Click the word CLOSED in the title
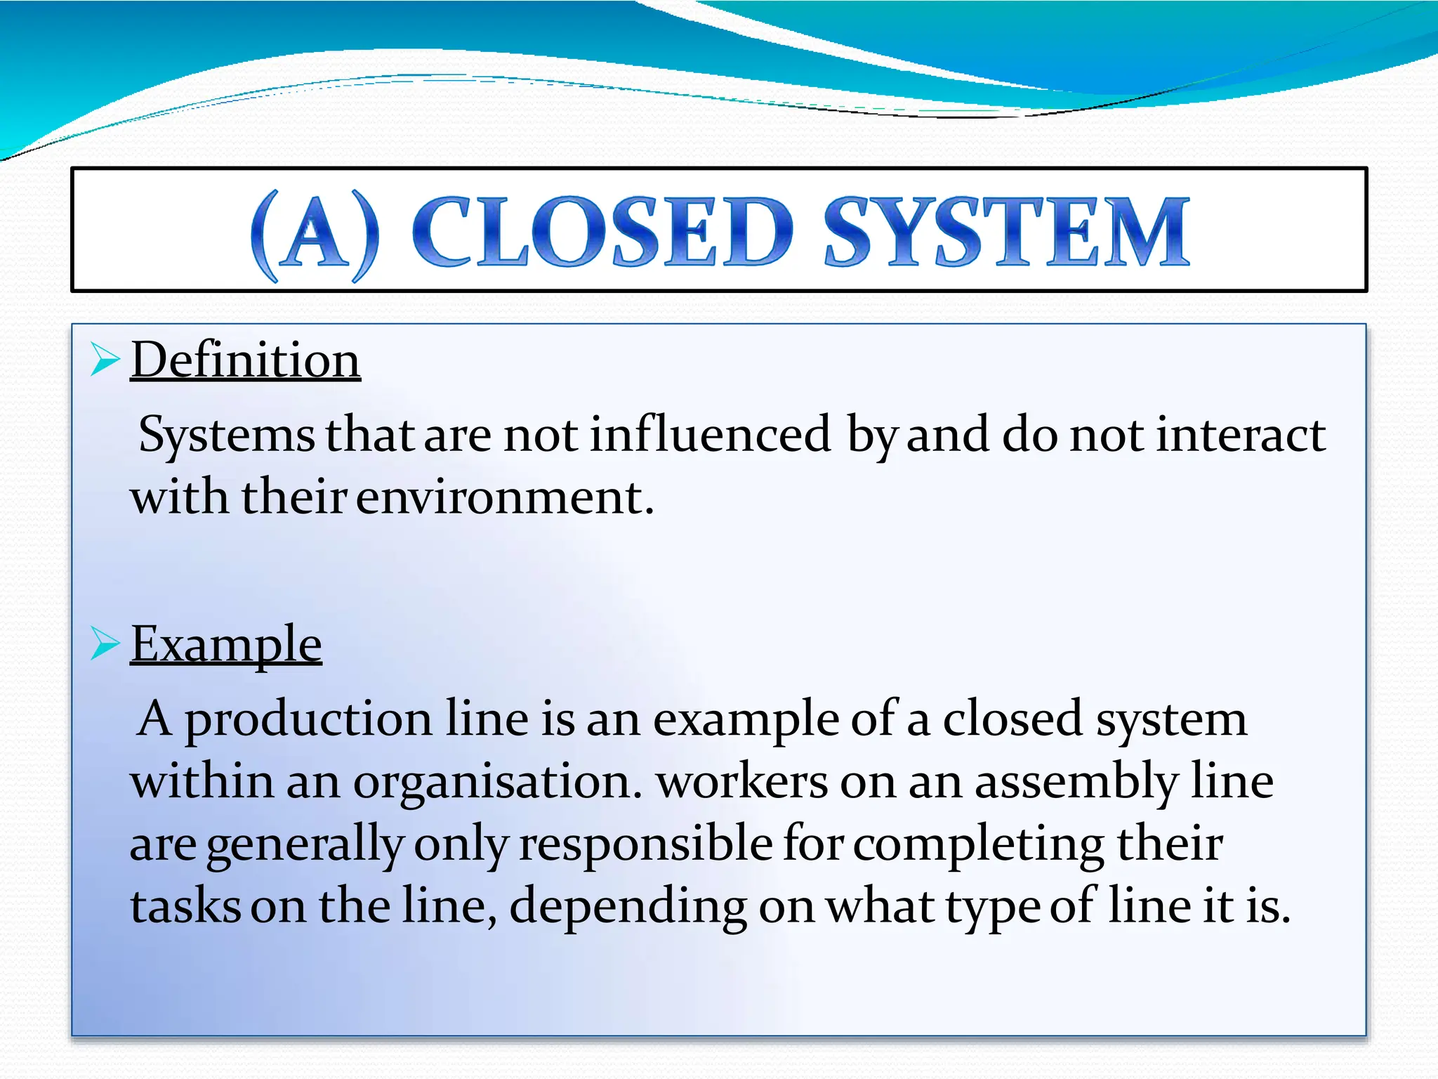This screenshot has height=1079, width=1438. (602, 232)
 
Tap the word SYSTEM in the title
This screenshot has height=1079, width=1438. (1006, 232)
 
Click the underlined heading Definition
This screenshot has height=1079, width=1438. (245, 360)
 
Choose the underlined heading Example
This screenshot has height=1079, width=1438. (226, 644)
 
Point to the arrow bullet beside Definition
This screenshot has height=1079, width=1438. (105, 360)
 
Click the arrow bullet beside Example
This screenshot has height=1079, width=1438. (105, 643)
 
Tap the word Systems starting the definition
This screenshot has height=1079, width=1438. (226, 436)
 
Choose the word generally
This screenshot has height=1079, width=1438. (305, 845)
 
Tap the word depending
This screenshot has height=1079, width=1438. (628, 907)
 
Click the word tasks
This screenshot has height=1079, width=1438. (185, 906)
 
